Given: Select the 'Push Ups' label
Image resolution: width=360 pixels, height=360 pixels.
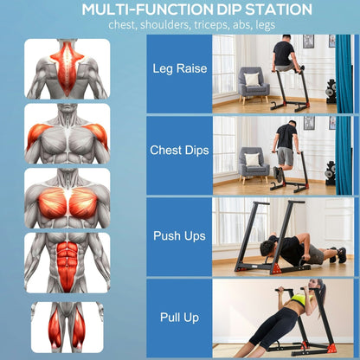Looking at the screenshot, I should coord(179,235).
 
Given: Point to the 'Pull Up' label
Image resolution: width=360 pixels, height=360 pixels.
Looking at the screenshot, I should coord(179,318).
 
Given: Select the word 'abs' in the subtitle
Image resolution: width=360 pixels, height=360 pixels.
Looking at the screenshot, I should coord(241,25).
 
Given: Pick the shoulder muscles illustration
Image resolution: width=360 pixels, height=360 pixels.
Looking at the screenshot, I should coord(67,134).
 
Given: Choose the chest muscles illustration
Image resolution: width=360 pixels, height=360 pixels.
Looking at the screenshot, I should coord(67,200).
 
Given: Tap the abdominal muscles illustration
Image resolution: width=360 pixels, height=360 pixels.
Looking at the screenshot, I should coord(67,263).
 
